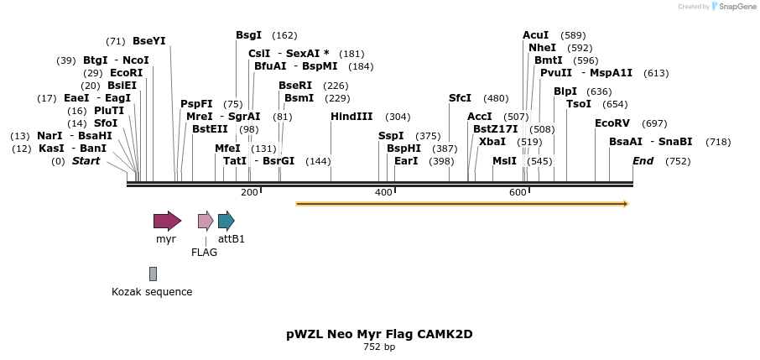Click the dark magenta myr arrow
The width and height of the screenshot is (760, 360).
tap(167, 222)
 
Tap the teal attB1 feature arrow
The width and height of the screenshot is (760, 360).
tap(226, 222)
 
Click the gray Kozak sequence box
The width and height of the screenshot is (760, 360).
tap(153, 274)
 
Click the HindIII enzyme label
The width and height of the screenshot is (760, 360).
tap(351, 117)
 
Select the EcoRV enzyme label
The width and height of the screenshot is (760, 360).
tap(612, 123)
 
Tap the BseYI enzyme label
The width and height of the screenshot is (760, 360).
tap(149, 40)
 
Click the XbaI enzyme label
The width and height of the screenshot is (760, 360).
tap(492, 141)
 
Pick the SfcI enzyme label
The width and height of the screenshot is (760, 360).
tap(460, 98)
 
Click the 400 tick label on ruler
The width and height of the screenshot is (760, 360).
tap(383, 193)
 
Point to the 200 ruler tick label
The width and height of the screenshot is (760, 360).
tap(249, 193)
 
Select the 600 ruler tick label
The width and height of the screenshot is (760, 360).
tap(518, 193)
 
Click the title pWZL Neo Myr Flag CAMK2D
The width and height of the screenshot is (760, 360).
tap(379, 334)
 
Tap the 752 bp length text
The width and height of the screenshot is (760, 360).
tap(379, 347)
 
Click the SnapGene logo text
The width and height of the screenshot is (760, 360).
tap(735, 7)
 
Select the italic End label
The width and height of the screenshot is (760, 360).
tap(643, 160)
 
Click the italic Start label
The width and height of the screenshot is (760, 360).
tap(86, 160)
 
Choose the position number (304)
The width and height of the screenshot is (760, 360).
tap(398, 117)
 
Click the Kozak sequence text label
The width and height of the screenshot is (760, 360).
tap(152, 292)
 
